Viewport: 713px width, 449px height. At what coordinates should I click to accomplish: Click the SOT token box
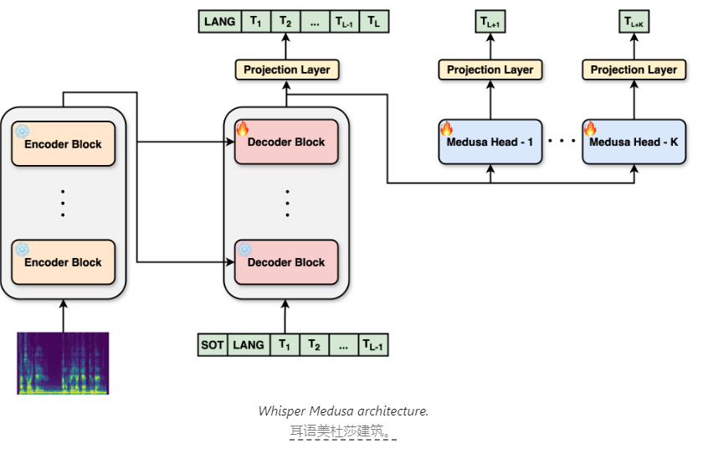[x=213, y=344]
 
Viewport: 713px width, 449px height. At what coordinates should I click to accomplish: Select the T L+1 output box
[x=490, y=21]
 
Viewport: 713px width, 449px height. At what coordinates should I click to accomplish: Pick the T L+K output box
[x=633, y=21]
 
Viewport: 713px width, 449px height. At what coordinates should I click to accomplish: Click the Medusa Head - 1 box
[x=490, y=142]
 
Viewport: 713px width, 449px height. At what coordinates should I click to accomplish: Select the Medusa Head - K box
[x=633, y=142]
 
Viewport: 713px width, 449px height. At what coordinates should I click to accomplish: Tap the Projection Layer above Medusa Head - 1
[x=490, y=70]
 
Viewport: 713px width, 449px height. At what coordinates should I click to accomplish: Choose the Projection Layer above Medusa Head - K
[x=633, y=70]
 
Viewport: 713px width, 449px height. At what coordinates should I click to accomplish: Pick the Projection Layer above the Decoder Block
[x=287, y=70]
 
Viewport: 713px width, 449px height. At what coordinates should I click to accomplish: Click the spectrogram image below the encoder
[x=64, y=363]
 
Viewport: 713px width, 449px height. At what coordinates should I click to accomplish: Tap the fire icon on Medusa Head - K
[x=590, y=129]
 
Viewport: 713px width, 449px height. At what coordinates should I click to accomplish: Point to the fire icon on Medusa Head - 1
[x=446, y=129]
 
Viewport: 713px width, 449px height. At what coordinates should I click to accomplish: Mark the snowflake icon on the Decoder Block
[x=244, y=249]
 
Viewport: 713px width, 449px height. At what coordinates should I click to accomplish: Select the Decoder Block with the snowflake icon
[x=287, y=262]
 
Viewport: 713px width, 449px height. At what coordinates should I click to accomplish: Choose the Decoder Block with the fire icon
[x=287, y=142]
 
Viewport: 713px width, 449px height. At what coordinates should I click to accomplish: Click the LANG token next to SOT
[x=248, y=344]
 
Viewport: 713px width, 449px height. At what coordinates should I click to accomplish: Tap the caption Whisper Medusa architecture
[x=343, y=410]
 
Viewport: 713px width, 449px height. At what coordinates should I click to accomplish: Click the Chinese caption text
[x=342, y=431]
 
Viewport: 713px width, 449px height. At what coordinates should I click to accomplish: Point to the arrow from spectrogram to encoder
[x=64, y=316]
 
